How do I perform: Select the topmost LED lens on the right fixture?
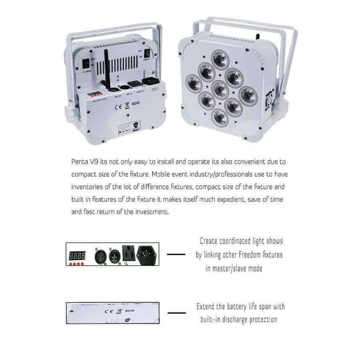(220, 58)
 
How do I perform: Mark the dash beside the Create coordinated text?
(175, 254)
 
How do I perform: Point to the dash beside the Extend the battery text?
(176, 313)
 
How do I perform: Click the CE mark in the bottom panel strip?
(108, 312)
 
